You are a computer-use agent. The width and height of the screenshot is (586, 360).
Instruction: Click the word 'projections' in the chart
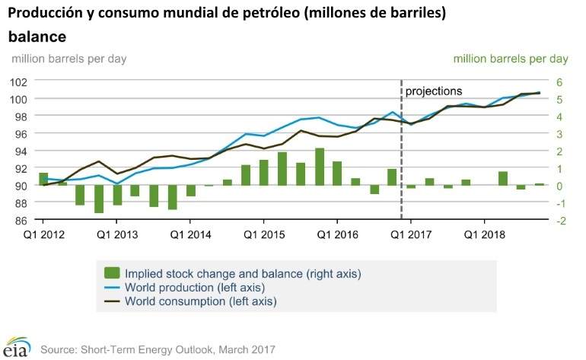(433, 91)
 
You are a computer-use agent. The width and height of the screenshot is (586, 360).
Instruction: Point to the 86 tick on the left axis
(20, 221)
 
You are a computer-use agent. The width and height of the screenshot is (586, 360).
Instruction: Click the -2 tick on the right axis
(560, 221)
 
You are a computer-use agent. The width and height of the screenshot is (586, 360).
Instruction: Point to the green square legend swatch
(112, 272)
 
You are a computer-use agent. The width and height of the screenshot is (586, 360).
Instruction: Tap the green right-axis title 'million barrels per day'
(511, 58)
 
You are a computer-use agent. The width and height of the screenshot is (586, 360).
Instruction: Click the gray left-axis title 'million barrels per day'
(68, 58)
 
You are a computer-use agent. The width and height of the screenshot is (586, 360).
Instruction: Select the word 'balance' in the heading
(37, 36)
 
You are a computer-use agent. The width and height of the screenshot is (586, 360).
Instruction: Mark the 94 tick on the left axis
(20, 151)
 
